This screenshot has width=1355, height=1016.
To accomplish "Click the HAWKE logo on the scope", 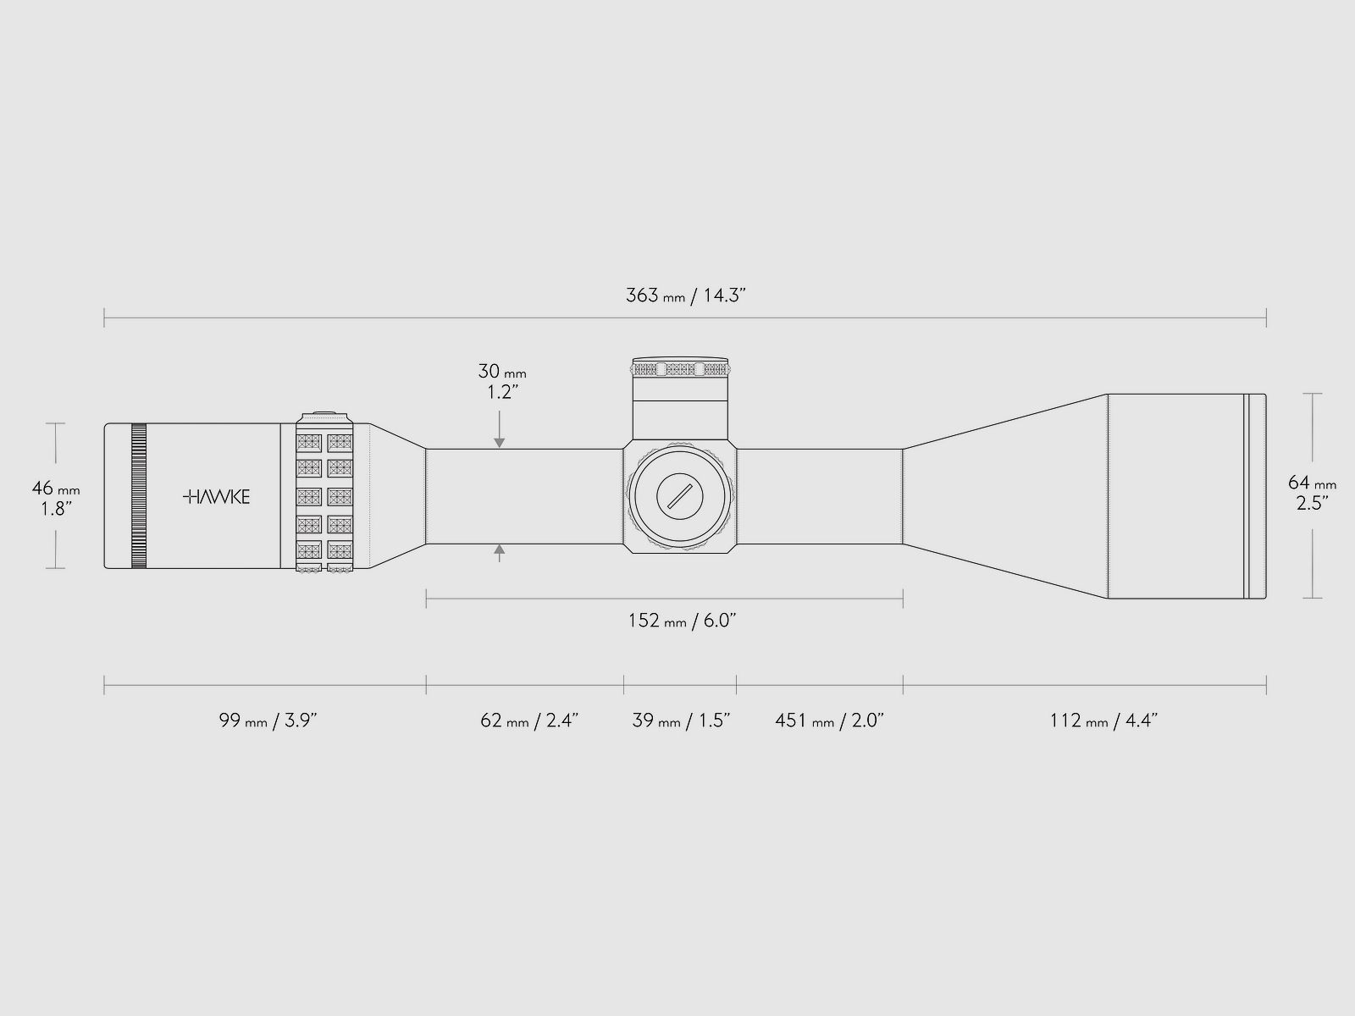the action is pos(217,497).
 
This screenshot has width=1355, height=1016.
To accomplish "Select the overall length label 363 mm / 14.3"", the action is pos(686,295).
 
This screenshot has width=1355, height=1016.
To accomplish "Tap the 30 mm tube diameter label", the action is pos(502,372).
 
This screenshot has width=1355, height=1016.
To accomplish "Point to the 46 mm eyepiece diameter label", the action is pos(56,488).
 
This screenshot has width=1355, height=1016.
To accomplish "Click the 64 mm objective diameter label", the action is pos(1312,483).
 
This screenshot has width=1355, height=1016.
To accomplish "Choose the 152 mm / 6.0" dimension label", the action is pos(682,620).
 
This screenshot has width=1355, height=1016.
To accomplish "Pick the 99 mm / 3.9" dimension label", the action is pos(268,720).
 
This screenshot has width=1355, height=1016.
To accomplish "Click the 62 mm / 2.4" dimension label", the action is pos(529,720).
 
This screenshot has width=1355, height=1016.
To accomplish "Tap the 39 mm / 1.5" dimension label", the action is pos(681,720).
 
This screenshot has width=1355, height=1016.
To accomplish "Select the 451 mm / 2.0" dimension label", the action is pos(830,720).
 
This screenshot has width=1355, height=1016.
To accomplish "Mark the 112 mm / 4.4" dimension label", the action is pos(1103,720).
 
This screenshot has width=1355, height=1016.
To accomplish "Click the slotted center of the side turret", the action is pos(680,496).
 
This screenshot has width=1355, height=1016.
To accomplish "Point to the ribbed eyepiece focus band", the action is pos(139,496).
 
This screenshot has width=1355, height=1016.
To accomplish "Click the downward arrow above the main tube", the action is pos(500,429).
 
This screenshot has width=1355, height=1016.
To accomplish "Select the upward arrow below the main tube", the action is pos(500,554).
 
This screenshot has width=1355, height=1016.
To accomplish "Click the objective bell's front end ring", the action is pos(1256,496).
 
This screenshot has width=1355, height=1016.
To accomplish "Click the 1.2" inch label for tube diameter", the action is pos(502,392).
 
